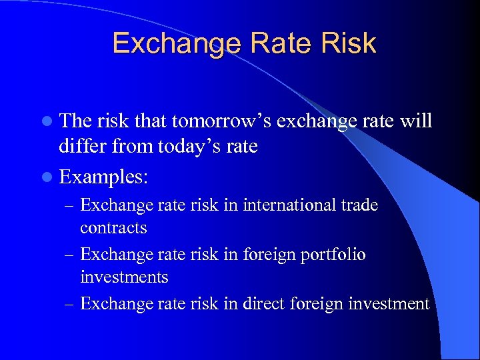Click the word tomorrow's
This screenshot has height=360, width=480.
tap(219, 121)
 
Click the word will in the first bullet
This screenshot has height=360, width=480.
tap(417, 121)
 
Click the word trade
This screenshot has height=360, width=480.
tap(359, 205)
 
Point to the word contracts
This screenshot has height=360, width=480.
tap(113, 228)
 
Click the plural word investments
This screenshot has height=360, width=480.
tap(124, 277)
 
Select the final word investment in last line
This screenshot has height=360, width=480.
tap(388, 304)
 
